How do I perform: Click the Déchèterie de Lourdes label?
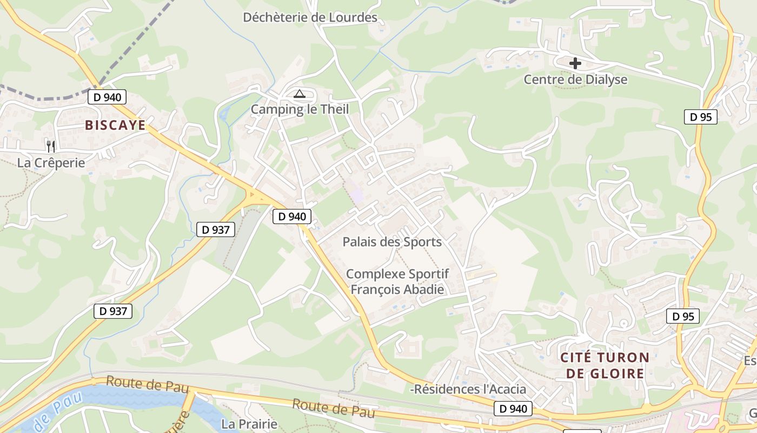point(310,17)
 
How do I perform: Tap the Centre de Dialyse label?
point(575,80)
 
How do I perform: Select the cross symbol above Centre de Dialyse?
point(575,63)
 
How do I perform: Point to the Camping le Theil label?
point(300,109)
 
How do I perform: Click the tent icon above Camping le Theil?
point(300,94)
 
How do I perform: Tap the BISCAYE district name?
point(115,126)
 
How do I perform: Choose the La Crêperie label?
point(51,162)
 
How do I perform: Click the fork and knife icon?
point(51,146)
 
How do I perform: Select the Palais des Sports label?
point(392,242)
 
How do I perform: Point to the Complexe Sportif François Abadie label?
point(397,281)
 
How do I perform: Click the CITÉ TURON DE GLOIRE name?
point(605,365)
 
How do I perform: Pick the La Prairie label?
point(250,424)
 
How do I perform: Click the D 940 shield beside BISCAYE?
point(107,97)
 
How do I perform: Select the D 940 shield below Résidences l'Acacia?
point(513,409)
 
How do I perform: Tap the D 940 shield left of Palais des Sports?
point(292,216)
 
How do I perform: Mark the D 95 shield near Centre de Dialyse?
point(700,117)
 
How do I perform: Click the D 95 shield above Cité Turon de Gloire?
point(683,317)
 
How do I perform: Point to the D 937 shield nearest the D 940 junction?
point(216,229)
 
